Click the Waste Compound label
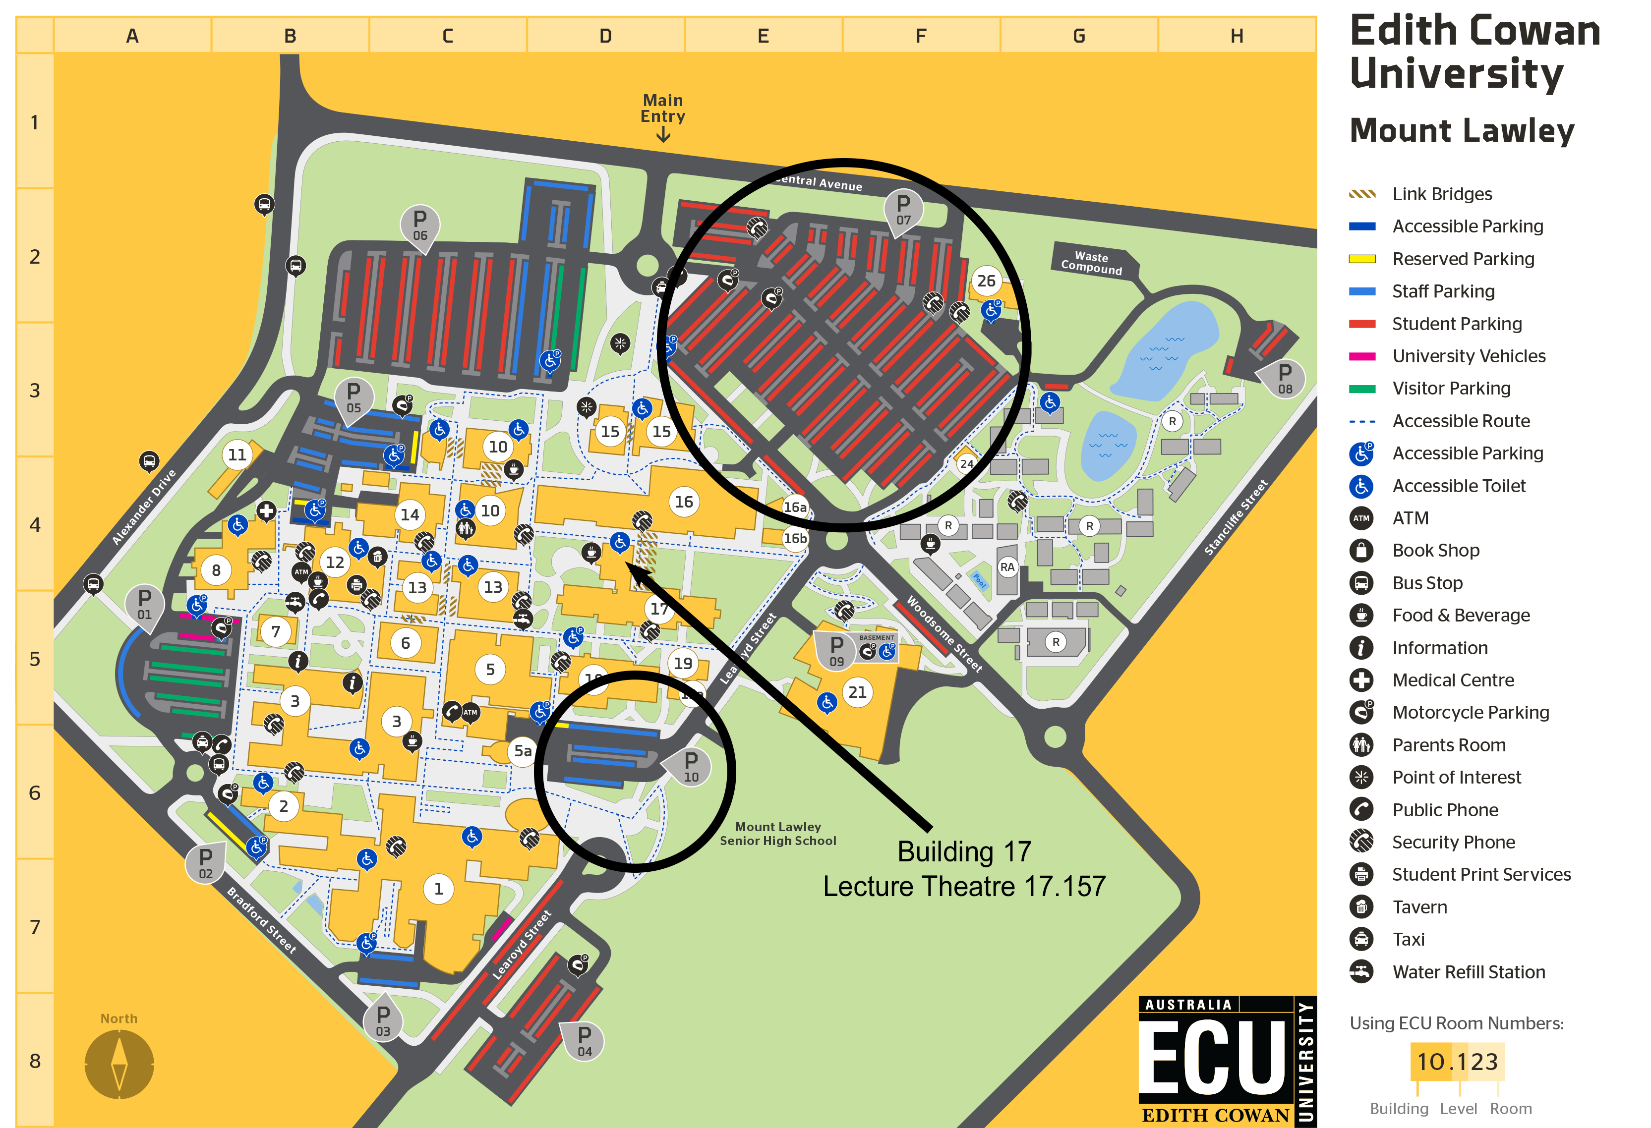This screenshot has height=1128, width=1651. (x=1091, y=262)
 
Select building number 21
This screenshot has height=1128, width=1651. (x=857, y=692)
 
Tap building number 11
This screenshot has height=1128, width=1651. (x=237, y=454)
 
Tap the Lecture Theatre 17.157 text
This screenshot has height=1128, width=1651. (x=964, y=887)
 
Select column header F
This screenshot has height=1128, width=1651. (x=921, y=36)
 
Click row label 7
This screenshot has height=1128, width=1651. (x=35, y=927)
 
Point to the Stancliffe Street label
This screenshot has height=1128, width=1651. (x=1236, y=517)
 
